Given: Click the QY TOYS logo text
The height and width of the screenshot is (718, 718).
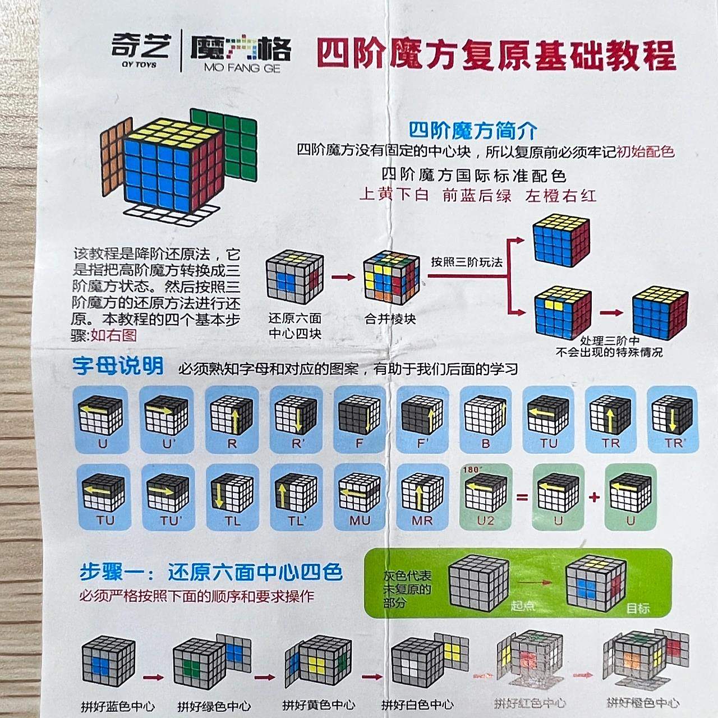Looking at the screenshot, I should pyautogui.click(x=139, y=65).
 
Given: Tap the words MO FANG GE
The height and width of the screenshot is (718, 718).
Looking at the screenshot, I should pyautogui.click(x=242, y=68).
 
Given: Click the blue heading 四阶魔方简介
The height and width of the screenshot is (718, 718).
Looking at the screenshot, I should pyautogui.click(x=473, y=131).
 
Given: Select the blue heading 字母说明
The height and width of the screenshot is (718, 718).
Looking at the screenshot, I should pyautogui.click(x=118, y=366).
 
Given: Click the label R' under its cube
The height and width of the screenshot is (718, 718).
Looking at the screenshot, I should pyautogui.click(x=298, y=444).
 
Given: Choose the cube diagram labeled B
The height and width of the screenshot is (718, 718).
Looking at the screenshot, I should pyautogui.click(x=486, y=415).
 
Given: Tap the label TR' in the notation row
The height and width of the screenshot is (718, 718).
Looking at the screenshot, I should pyautogui.click(x=675, y=443).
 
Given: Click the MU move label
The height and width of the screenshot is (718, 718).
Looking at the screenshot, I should pyautogui.click(x=360, y=521).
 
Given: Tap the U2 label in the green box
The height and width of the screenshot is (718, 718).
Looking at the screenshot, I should pyautogui.click(x=486, y=521).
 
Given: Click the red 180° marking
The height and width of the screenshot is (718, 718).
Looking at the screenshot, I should pyautogui.click(x=472, y=470).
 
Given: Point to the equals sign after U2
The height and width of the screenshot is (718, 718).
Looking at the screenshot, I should pyautogui.click(x=522, y=497).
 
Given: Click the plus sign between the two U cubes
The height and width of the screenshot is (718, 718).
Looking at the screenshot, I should pyautogui.click(x=595, y=497).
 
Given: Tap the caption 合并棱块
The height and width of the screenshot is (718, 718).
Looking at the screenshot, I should pyautogui.click(x=390, y=319).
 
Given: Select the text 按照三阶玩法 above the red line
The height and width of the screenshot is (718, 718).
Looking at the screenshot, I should pyautogui.click(x=467, y=262).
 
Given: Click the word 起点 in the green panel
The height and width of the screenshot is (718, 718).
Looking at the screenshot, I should pyautogui.click(x=522, y=606).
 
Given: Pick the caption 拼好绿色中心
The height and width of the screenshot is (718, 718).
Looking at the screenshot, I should pyautogui.click(x=214, y=706).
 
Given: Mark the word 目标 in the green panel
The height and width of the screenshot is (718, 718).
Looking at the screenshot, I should pyautogui.click(x=638, y=608).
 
